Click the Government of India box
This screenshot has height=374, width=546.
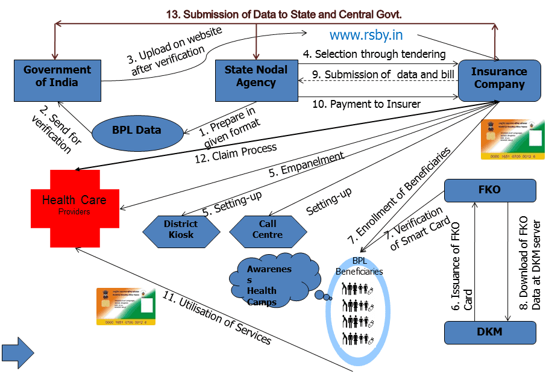[57, 76]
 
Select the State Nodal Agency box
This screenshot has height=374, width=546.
[256, 76]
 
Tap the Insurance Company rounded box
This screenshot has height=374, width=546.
[499, 78]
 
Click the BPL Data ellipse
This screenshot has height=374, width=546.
[137, 129]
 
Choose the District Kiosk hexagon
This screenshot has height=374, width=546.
[181, 229]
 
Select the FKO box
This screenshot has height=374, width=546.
[489, 190]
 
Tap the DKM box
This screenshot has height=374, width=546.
[489, 332]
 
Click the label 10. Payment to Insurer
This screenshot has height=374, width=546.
[366, 104]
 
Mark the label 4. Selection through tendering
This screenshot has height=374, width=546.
[374, 54]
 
